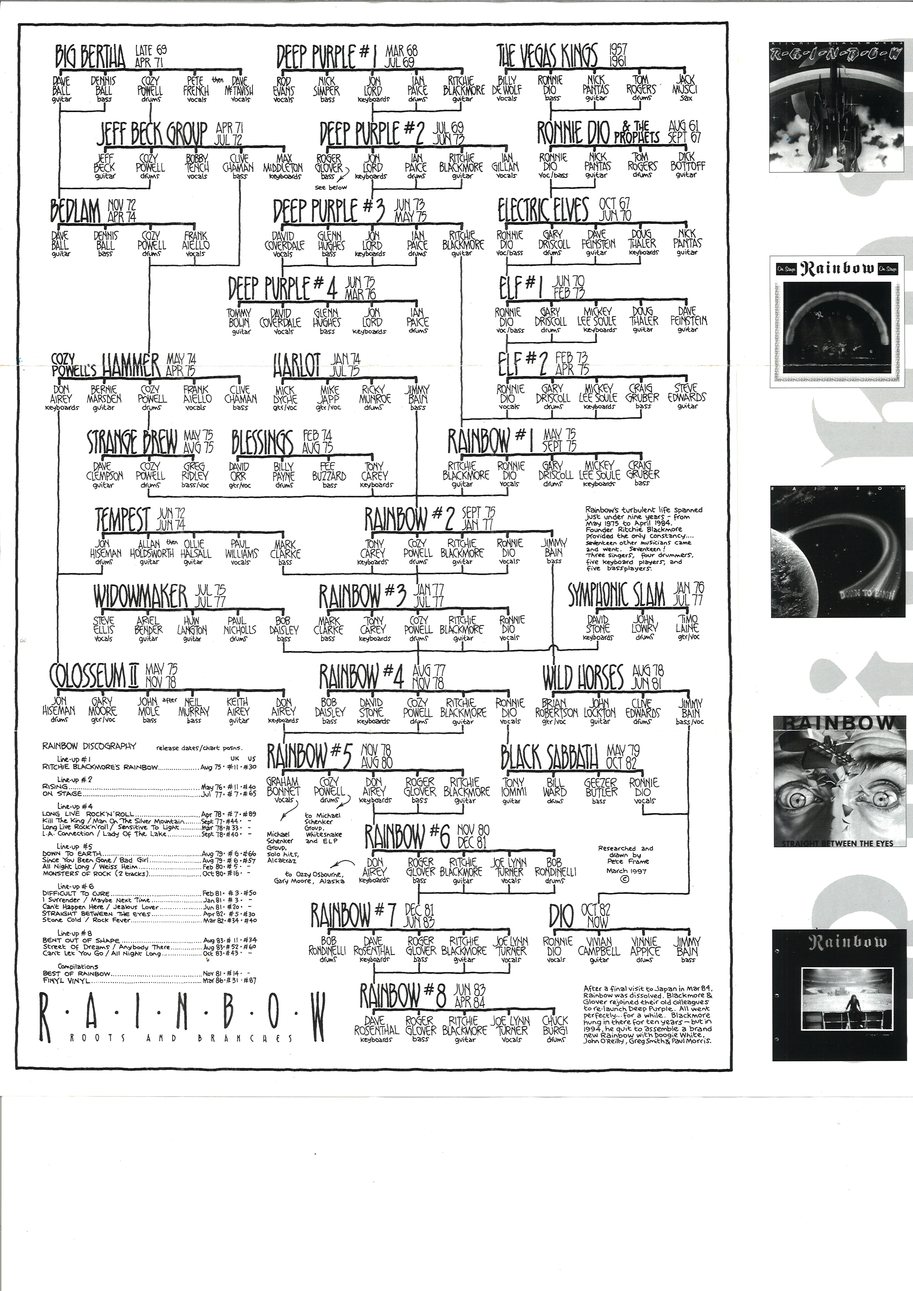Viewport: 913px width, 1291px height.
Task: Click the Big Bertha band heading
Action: [x=90, y=56]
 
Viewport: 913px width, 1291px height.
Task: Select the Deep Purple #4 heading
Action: [x=283, y=288]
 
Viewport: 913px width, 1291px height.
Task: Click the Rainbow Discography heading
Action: [x=89, y=746]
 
